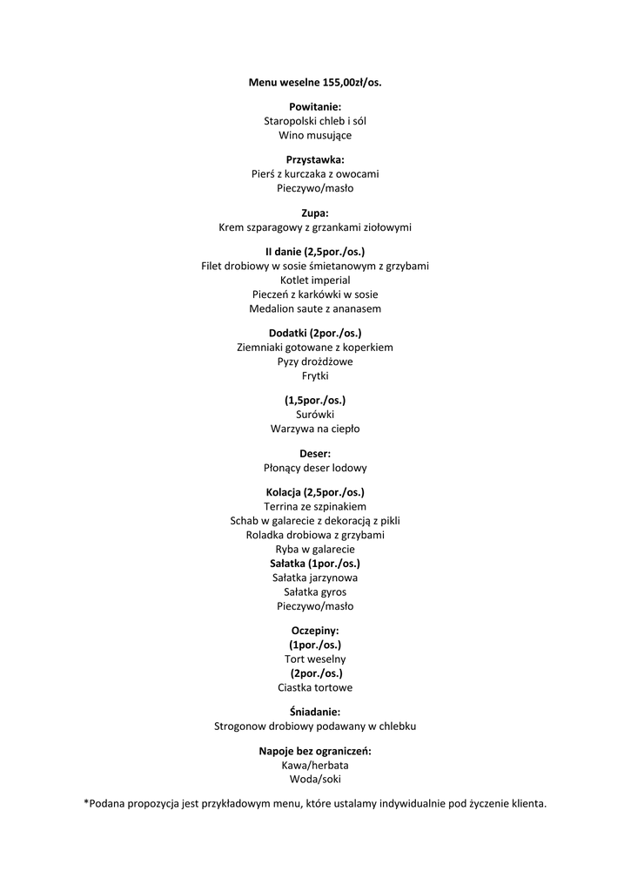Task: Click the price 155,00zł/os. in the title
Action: coord(349,83)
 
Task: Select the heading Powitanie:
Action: coord(315,106)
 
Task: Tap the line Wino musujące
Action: coord(315,135)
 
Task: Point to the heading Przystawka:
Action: coord(315,159)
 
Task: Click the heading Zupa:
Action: coord(315,213)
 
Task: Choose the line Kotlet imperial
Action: coord(315,280)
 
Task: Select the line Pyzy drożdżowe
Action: coord(315,362)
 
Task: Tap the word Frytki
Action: coord(315,375)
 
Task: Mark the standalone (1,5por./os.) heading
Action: coord(315,400)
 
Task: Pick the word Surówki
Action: coord(315,415)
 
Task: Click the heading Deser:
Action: coord(315,453)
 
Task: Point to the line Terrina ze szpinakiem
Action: coord(315,506)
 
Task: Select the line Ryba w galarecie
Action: coord(315,550)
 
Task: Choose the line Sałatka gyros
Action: coord(315,591)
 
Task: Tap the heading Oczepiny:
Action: coord(315,630)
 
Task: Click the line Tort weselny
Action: coord(315,659)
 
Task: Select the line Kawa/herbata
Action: coord(315,765)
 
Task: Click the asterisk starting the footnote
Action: coord(86,801)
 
